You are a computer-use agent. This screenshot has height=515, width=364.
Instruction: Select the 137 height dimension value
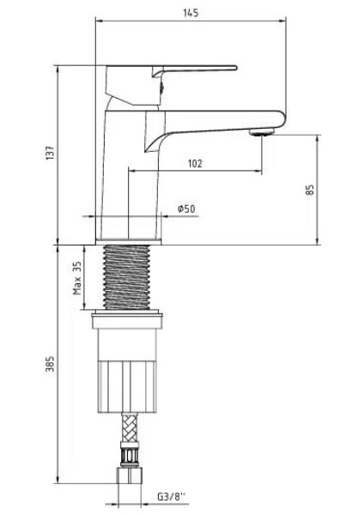click(x=52, y=153)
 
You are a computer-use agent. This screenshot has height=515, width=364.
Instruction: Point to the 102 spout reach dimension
click(x=194, y=163)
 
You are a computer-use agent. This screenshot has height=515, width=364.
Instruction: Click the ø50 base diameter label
click(x=186, y=209)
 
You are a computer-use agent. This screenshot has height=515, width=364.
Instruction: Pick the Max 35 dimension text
click(x=76, y=279)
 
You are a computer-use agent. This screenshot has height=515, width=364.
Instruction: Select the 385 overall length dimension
click(x=52, y=364)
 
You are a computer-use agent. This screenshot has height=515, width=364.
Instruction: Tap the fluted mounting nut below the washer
click(x=128, y=386)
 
